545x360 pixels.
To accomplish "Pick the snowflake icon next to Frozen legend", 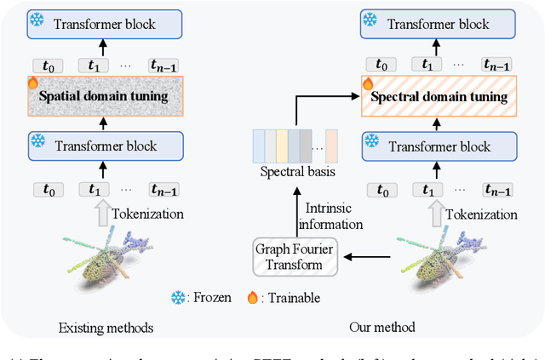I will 177,299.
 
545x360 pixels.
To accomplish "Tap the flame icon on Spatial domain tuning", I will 33,83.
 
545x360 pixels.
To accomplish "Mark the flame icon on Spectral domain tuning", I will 368,83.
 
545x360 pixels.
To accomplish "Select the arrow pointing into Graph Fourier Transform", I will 362,255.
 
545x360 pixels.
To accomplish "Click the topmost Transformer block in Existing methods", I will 103,23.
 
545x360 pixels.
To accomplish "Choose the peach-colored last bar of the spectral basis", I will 332,145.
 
